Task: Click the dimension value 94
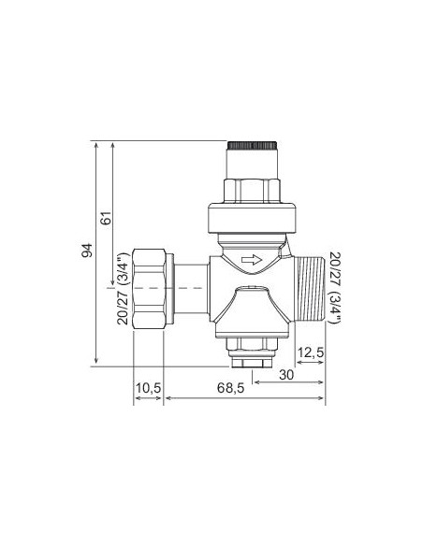point(87,250)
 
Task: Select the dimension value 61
point(106,218)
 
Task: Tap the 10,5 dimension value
point(149,388)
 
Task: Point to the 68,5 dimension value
point(230,388)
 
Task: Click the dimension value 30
point(286,375)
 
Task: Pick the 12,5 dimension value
point(310,352)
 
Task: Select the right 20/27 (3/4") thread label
point(334,288)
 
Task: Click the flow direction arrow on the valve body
point(252,259)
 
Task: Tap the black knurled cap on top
point(253,146)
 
